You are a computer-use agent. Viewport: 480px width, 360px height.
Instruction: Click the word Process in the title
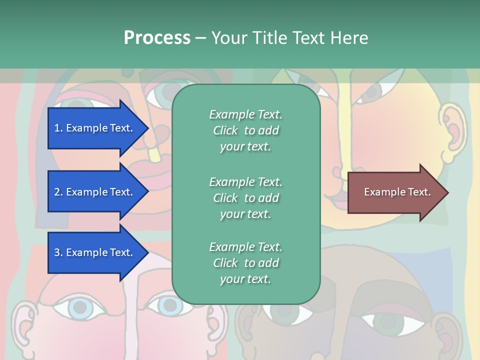(x=157, y=38)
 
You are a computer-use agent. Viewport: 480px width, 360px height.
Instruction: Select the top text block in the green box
(x=245, y=130)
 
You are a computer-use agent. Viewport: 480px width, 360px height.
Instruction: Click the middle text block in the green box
(x=245, y=197)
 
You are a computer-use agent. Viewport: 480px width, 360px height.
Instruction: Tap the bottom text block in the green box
(x=245, y=263)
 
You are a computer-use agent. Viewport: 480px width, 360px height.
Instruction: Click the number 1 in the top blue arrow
(x=57, y=128)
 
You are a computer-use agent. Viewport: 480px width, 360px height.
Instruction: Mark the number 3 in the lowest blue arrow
(x=57, y=252)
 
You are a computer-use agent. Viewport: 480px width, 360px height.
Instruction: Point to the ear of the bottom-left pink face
(x=22, y=325)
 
